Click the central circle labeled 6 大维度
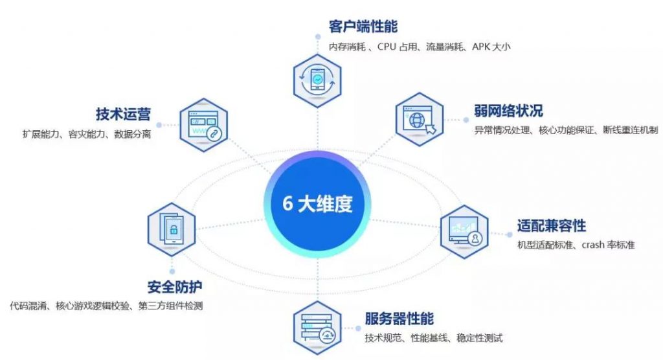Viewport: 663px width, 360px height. point(317,205)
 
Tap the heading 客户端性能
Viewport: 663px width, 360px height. point(363,27)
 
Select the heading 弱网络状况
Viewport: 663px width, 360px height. point(508,111)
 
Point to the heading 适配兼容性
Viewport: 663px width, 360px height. point(552,225)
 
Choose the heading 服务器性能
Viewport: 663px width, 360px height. point(399,319)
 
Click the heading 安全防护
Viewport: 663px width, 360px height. point(175,287)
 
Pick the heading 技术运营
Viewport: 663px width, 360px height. point(123,114)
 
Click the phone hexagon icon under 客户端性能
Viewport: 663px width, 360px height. point(317,80)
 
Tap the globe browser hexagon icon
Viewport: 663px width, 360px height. point(419,119)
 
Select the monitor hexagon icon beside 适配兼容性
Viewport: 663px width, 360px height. point(464,232)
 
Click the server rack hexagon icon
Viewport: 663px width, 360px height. point(317,328)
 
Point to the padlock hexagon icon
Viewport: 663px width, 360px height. point(172,229)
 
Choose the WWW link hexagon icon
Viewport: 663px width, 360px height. point(204,125)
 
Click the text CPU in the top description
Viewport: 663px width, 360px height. point(387,47)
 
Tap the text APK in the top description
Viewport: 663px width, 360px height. point(481,47)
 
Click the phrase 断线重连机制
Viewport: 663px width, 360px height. point(631,130)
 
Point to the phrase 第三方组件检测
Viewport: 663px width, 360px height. point(171,306)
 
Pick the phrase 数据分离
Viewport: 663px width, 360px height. point(132,134)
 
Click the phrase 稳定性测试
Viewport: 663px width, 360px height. point(480,338)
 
